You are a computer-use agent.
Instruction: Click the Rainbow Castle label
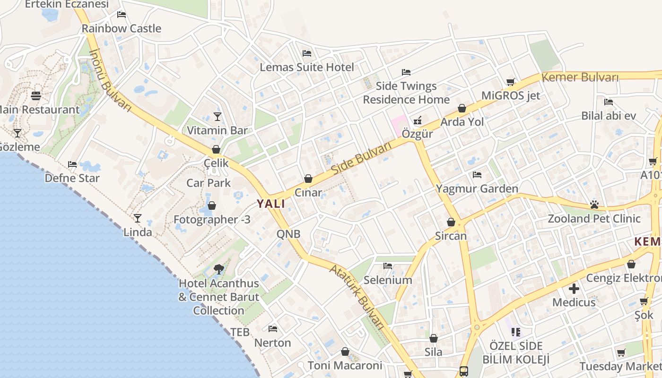coord(122,28)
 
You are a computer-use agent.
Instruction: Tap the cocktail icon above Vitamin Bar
coord(218,116)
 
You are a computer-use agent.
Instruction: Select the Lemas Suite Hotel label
coord(307,67)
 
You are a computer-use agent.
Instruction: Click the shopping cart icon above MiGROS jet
coord(511,82)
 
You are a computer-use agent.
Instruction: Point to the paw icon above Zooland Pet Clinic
coord(594,205)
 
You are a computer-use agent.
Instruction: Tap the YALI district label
coord(271,204)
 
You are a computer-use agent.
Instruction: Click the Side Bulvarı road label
coord(362,158)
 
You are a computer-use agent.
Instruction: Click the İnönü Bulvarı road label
coord(110,80)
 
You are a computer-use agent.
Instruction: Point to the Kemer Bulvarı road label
coord(580,77)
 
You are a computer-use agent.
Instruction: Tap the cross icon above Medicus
coord(574,288)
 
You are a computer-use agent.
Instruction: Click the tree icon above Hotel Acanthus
coord(218,269)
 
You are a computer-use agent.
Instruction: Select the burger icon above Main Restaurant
coord(36,96)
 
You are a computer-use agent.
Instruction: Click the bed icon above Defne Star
coord(72,164)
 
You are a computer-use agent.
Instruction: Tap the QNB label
coord(288,233)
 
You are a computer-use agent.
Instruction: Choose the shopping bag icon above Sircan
coord(451,222)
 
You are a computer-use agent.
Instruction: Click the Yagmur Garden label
coord(477,189)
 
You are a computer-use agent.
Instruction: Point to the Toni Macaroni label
coord(345,365)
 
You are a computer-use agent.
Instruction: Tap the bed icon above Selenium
coord(388,266)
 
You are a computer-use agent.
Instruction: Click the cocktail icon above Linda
coord(138,218)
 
